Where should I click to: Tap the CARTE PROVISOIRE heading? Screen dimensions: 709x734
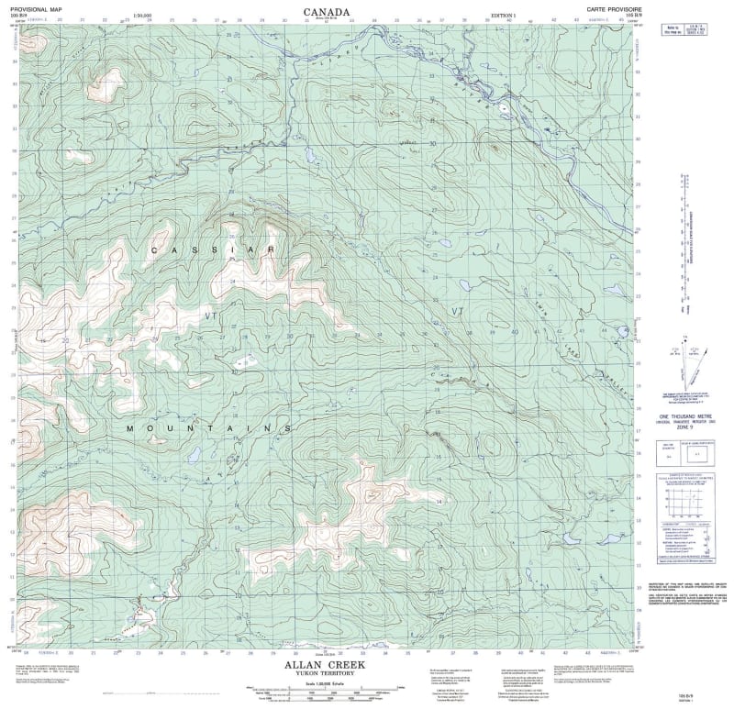pos(610,7)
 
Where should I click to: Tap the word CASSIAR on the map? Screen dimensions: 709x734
pos(213,249)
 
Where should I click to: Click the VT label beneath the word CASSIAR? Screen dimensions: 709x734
pos(213,315)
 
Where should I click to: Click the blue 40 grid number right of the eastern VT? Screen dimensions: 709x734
pos(515,331)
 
